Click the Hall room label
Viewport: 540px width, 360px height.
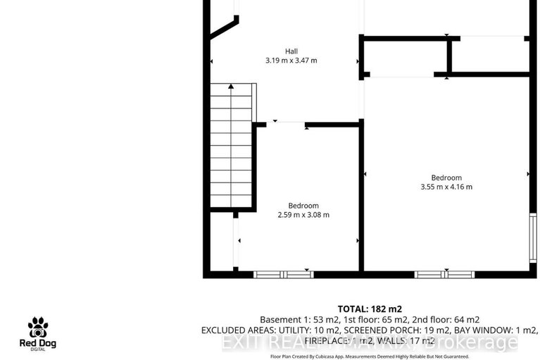click(291, 51)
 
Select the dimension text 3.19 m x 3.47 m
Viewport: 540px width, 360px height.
click(291, 61)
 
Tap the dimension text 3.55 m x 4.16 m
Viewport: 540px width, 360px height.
click(446, 187)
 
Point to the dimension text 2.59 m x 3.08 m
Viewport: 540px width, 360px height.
click(303, 215)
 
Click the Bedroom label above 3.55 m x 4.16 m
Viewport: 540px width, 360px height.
click(446, 178)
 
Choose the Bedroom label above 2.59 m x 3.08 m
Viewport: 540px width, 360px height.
click(303, 206)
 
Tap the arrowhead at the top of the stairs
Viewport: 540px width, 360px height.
click(231, 86)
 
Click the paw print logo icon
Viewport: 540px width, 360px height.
click(38, 328)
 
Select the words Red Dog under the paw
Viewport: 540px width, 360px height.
click(38, 344)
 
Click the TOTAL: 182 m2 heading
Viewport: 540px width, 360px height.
click(370, 309)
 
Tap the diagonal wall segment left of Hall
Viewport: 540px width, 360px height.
click(224, 27)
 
